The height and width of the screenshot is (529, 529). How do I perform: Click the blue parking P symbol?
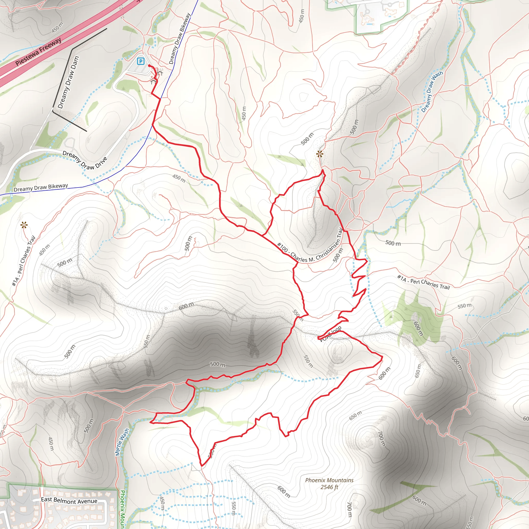click(x=141, y=61)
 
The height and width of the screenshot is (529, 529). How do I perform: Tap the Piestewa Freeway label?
click(x=38, y=52)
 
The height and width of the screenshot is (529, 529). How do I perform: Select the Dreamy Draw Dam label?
click(x=68, y=82)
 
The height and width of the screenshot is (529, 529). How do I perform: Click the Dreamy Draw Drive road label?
click(x=85, y=160)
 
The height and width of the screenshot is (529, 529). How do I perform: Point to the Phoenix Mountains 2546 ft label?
click(x=329, y=484)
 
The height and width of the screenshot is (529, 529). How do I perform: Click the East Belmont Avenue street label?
click(x=69, y=501)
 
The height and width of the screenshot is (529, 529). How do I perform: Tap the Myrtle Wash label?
click(x=122, y=442)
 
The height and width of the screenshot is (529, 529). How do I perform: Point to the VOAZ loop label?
click(x=331, y=333)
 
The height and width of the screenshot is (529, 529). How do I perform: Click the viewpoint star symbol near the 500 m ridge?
click(x=320, y=154)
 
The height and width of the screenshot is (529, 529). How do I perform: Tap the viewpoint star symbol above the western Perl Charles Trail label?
click(x=24, y=225)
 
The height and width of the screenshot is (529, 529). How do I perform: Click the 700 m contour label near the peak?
click(x=382, y=438)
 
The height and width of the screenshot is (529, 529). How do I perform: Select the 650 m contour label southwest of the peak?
click(x=355, y=416)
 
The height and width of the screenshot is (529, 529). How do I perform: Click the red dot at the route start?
click(x=149, y=66)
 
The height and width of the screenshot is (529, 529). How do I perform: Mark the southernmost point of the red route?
click(x=201, y=465)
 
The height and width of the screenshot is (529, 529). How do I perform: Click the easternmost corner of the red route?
click(x=382, y=357)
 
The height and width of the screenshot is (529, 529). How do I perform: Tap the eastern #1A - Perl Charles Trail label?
click(x=423, y=282)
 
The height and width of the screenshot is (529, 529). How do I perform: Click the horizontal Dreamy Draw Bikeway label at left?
click(x=41, y=188)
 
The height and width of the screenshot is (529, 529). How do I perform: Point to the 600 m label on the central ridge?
click(x=186, y=306)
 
